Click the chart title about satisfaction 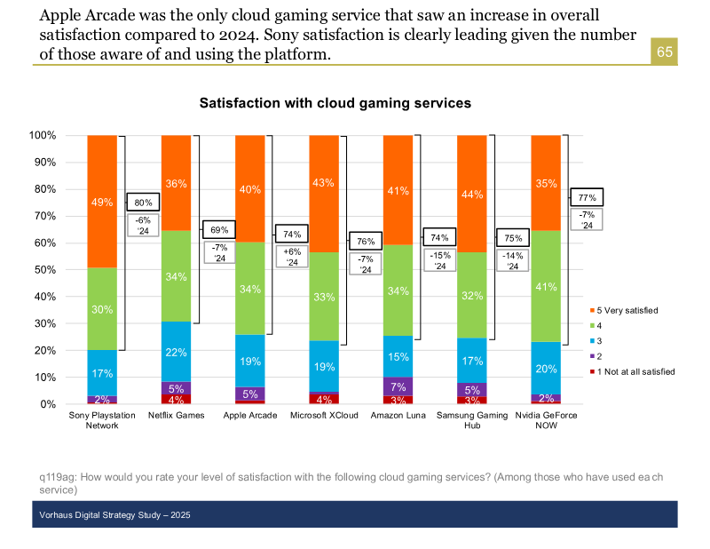(335, 104)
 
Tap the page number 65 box (665, 52)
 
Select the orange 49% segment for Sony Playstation (102, 202)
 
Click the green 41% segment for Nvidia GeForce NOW (545, 286)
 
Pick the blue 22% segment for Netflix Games (176, 352)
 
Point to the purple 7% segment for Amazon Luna (398, 386)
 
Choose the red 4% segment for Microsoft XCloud (323, 398)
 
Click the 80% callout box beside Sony (143, 203)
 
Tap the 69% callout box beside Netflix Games (218, 230)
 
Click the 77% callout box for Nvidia (587, 197)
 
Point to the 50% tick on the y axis (43, 269)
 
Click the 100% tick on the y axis (42, 136)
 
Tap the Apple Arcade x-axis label (249, 415)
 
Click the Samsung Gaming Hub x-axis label (471, 419)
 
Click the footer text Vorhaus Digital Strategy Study (114, 515)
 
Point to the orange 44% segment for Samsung (471, 195)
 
